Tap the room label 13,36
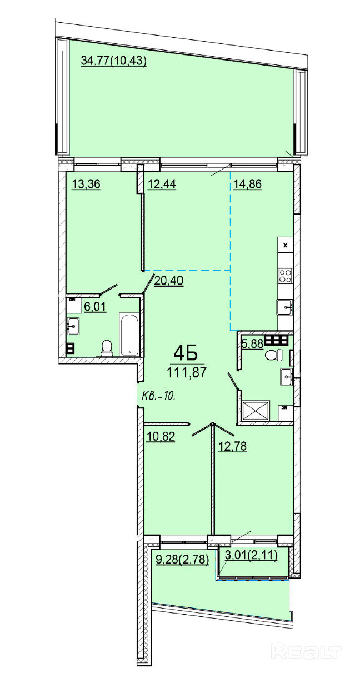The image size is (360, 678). click(86, 184)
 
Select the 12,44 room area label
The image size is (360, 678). click(162, 184)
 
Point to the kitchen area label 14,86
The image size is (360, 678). click(247, 184)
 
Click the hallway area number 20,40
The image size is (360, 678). click(169, 281)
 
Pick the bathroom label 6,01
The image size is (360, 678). click(95, 307)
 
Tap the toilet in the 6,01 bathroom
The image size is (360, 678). click(106, 348)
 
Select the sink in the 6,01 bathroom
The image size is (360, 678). click(73, 326)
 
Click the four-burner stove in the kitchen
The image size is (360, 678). click(285, 276)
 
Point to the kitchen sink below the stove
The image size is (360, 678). click(284, 307)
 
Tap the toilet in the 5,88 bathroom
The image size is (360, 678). click(273, 355)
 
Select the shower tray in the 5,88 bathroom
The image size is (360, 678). click(256, 410)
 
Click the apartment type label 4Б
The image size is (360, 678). click(186, 353)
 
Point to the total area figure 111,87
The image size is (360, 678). click(187, 372)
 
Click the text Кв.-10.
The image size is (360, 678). click(159, 396)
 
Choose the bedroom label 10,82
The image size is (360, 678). click(161, 437)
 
